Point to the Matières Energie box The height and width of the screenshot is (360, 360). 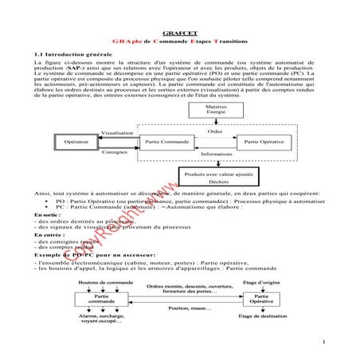pos(215,108)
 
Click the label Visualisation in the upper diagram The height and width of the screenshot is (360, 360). pos(118,133)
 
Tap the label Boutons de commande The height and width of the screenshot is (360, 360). pos(102,283)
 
